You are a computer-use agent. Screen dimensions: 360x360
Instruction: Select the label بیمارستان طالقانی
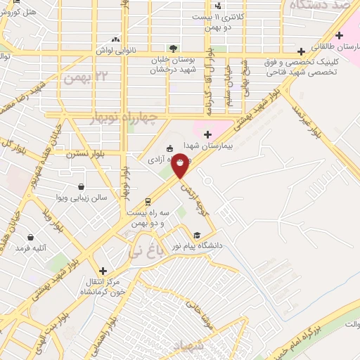click(340, 46)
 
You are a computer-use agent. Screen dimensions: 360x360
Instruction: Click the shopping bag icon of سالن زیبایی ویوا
click(82, 187)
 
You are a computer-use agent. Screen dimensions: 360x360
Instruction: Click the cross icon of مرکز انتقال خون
click(103, 271)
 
